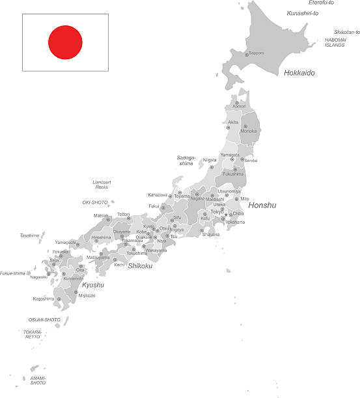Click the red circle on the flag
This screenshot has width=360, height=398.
tap(65, 42)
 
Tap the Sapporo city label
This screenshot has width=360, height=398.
tap(256, 53)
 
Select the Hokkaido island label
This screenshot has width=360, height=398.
tap(299, 73)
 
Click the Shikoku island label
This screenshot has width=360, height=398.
tap(140, 265)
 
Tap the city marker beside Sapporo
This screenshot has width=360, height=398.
tap(246, 55)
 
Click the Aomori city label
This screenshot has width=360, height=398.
tap(240, 106)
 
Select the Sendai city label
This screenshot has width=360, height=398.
tap(251, 160)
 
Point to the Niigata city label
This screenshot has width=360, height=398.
tap(210, 159)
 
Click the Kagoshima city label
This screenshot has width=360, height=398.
tap(44, 298)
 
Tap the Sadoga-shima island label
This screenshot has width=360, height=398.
tap(186, 161)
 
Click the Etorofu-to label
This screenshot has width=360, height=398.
tap(321, 3)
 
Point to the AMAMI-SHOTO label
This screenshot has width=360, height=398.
tap(38, 380)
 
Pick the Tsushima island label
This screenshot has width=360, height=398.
tap(29, 235)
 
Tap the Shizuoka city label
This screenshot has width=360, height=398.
tap(211, 235)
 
